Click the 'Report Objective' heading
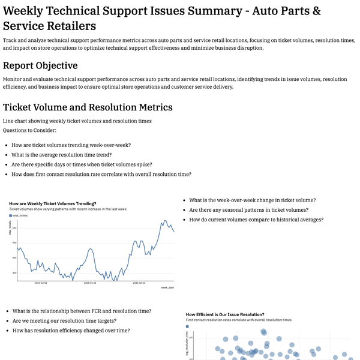click(40, 66)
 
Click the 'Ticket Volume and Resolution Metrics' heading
click(88, 107)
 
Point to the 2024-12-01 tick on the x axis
click(40, 283)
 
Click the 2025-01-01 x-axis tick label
click(90, 283)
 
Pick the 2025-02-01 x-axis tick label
click(139, 283)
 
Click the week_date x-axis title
click(167, 288)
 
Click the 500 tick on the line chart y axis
click(14, 242)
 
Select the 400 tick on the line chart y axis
click(14, 273)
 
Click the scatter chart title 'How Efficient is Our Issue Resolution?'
click(225, 314)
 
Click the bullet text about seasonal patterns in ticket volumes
click(248, 210)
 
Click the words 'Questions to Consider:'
click(30, 130)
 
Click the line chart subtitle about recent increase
click(68, 209)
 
